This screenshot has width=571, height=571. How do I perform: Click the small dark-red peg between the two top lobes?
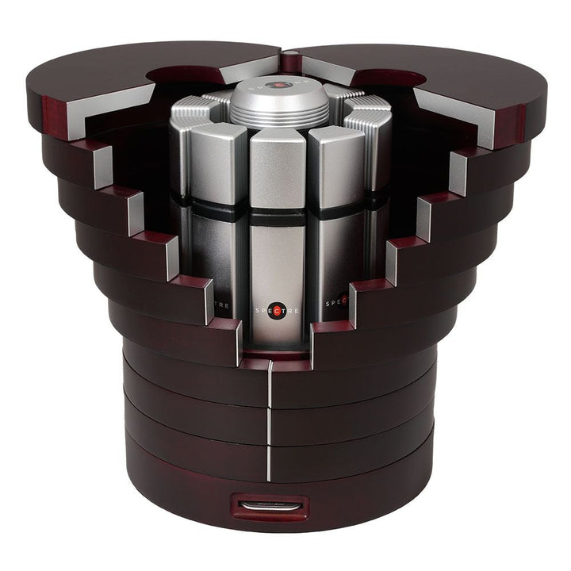point(290,56)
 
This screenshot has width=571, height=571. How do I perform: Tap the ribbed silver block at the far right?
point(366,127)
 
